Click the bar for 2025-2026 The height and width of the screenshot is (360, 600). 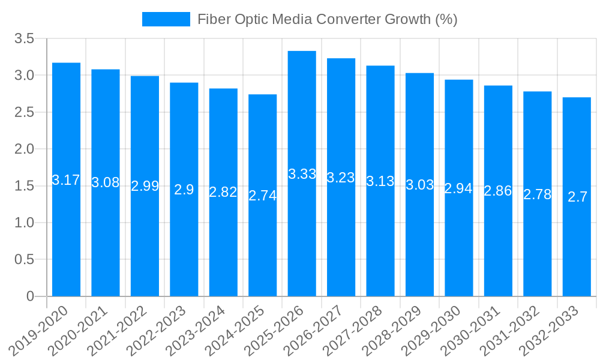[x=302, y=174]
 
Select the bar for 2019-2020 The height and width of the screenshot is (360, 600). [x=66, y=179]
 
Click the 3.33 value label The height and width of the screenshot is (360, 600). [x=302, y=174]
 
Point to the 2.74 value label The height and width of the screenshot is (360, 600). [x=263, y=195]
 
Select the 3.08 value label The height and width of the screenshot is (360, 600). [x=106, y=182]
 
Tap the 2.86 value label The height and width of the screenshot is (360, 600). [x=498, y=191]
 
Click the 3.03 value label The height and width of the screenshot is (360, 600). [x=419, y=185]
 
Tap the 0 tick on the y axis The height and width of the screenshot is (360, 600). [x=31, y=296]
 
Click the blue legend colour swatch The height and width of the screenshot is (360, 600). [x=166, y=19]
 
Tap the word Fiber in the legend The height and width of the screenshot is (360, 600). [x=213, y=19]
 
